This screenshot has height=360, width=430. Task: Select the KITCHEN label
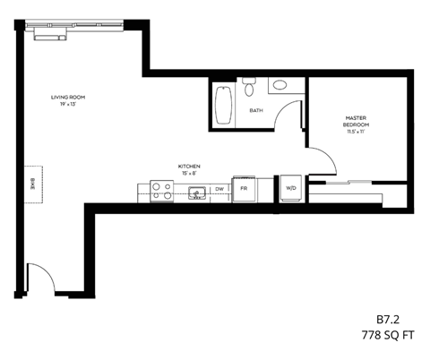click(188, 167)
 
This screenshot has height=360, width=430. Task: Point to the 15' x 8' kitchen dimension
click(188, 174)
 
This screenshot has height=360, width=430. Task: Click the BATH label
click(256, 111)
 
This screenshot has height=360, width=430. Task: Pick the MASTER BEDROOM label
click(357, 121)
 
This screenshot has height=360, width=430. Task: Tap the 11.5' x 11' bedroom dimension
click(357, 132)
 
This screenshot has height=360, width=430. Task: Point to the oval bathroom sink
click(280, 86)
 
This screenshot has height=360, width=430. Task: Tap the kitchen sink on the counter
click(197, 191)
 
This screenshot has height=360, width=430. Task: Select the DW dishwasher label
click(219, 189)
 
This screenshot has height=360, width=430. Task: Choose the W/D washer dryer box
click(291, 189)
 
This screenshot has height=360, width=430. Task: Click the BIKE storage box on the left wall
click(33, 184)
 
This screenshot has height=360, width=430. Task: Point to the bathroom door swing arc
click(288, 116)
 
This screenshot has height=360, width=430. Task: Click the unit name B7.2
click(388, 318)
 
